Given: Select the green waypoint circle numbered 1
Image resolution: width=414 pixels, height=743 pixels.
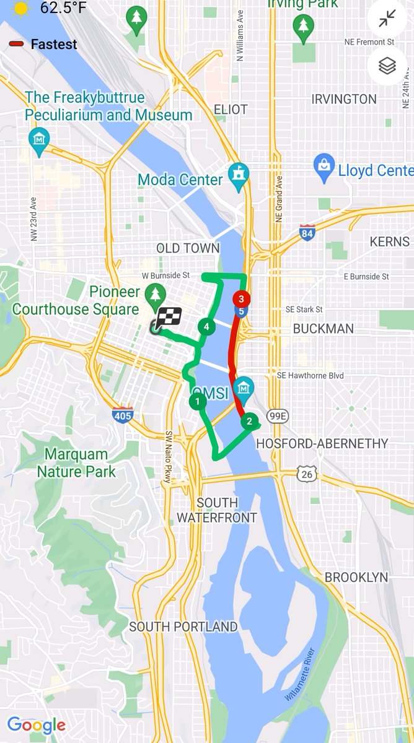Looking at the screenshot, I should point(197,402).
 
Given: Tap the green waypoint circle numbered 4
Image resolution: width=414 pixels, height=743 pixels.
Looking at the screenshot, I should point(206,326).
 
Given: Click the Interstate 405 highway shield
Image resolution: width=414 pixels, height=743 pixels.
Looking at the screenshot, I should point(123,415).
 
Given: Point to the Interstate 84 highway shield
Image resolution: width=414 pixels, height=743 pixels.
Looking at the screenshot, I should point(306,232).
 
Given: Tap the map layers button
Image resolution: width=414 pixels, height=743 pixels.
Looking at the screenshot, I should point(387,66).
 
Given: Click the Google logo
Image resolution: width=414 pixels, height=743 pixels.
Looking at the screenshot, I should point(36,725).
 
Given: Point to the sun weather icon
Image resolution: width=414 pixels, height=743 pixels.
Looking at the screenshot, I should point(22,8).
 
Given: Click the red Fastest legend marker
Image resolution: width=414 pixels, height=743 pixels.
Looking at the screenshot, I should point(17,45).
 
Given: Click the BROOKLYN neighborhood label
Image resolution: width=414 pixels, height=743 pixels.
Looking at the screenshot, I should point(356,577).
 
